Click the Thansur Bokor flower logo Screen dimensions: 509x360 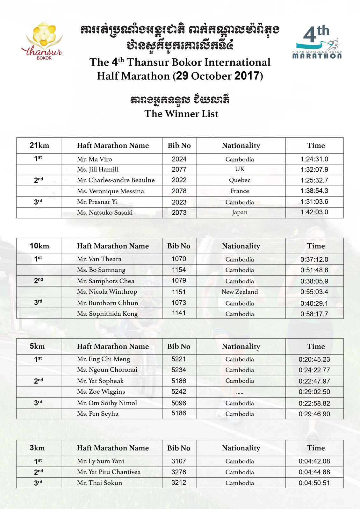tap(43, 41)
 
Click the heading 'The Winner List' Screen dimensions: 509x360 tap(181, 114)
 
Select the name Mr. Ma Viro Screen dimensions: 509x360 tap(94, 159)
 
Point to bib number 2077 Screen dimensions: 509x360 tap(179, 169)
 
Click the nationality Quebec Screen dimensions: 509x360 tap(240, 180)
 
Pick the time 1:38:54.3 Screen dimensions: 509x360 tap(314, 191)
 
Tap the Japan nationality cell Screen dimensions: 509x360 tap(240, 212)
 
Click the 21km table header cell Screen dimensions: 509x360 tap(39, 146)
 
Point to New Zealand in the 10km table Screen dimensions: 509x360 tap(240, 292)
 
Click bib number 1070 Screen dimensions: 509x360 tap(179, 259)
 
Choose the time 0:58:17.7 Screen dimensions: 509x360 tap(314, 314)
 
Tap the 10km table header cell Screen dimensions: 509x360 tap(39, 246)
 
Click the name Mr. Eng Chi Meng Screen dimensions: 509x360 tap(103, 359)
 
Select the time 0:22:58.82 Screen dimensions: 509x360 tap(314, 403)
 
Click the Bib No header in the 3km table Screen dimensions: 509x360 tap(179, 448)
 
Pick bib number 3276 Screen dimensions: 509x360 tap(179, 472)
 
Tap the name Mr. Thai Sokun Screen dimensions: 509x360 tap(99, 483)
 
